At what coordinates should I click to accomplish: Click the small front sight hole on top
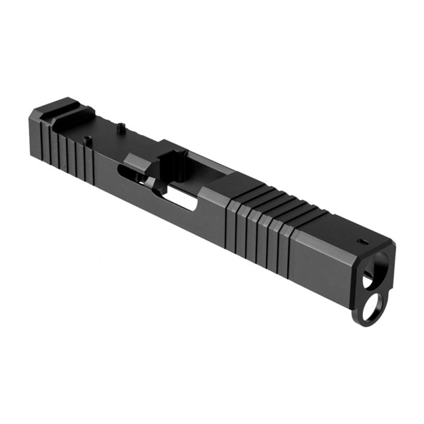coord(363,240)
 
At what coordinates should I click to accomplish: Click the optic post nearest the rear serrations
coord(87,140)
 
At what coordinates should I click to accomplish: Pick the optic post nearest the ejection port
coord(120,125)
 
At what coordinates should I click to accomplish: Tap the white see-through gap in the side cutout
coord(182,199)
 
